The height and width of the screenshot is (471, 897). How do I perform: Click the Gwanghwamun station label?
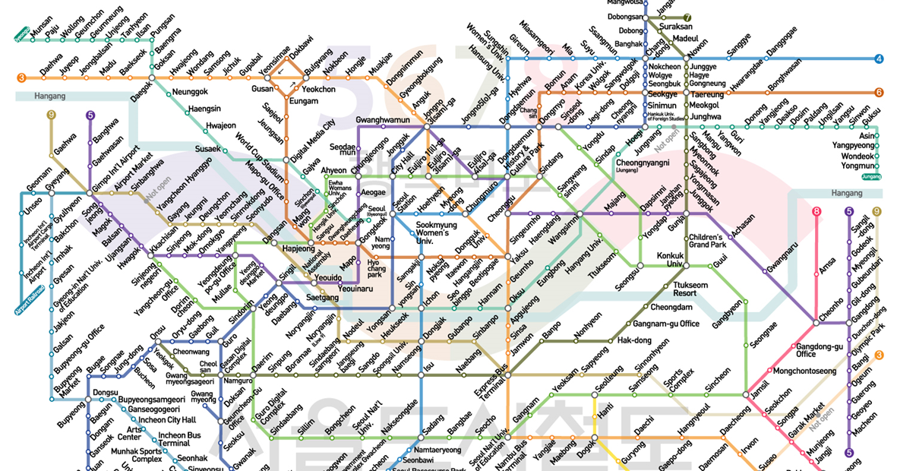(x=383, y=121)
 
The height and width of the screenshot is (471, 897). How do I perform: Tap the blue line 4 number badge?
(x=879, y=59)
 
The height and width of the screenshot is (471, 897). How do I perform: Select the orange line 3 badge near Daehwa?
(x=22, y=77)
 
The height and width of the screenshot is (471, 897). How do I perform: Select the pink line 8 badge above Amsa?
(x=816, y=212)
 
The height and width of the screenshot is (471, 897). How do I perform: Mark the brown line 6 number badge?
(x=879, y=93)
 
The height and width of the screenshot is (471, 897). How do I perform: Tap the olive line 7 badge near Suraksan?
(x=688, y=17)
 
